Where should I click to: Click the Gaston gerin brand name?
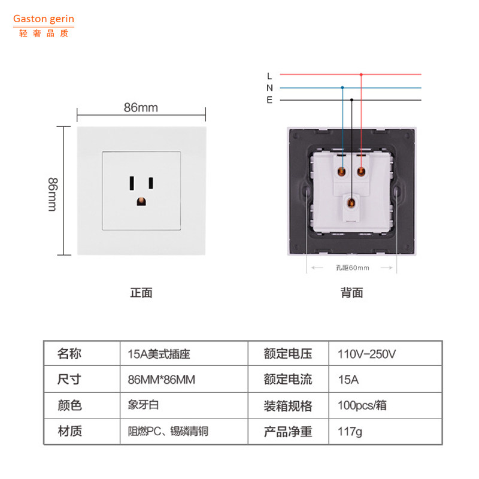point(44,19)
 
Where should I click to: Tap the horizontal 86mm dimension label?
point(141,108)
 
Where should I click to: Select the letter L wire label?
point(269,75)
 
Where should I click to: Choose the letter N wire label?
point(269,87)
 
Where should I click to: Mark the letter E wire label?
point(269,100)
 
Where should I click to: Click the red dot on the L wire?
point(360,75)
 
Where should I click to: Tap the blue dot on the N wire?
point(342,87)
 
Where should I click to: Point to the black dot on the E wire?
point(351,100)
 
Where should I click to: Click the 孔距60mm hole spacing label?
point(352,268)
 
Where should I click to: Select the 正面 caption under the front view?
point(141,293)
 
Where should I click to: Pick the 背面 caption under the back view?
point(352,293)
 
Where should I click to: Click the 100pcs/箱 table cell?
point(362,405)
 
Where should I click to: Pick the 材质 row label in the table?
point(69,431)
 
